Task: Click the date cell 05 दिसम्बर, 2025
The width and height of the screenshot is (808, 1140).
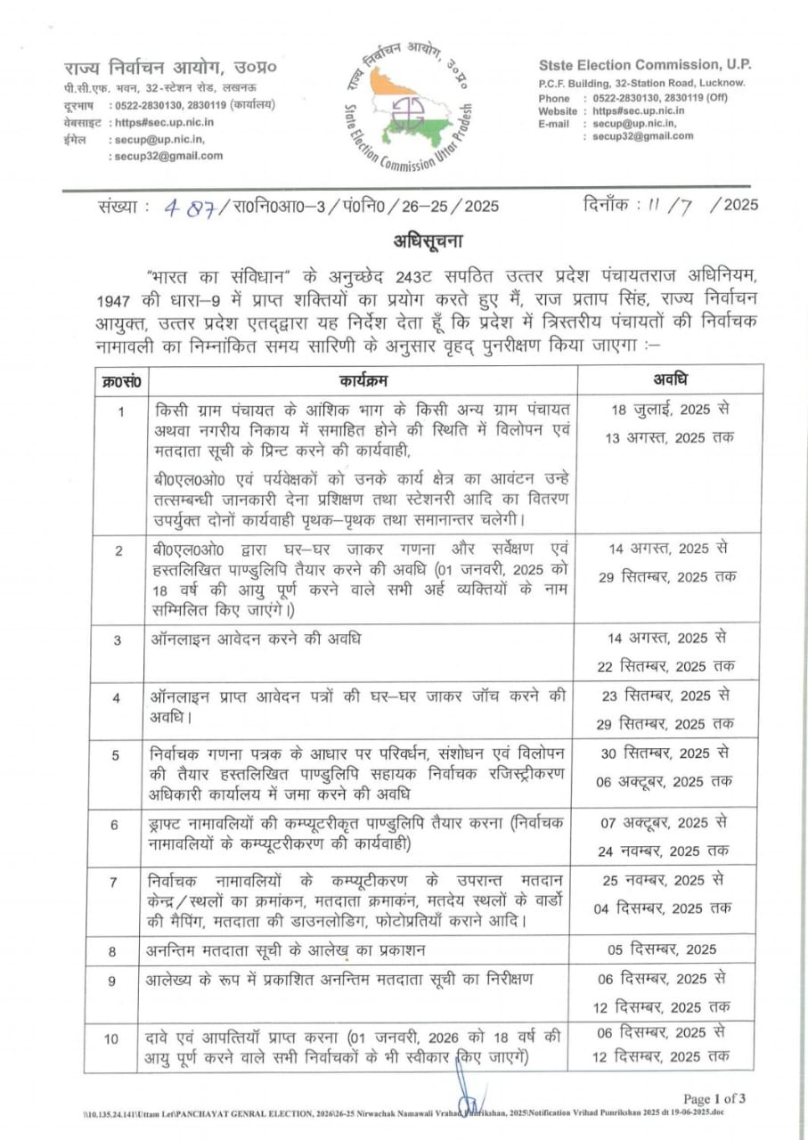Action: click(663, 949)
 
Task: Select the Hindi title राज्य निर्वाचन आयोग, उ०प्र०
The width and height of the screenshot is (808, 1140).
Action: click(157, 67)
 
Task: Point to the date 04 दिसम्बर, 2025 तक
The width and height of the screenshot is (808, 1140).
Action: click(663, 908)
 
